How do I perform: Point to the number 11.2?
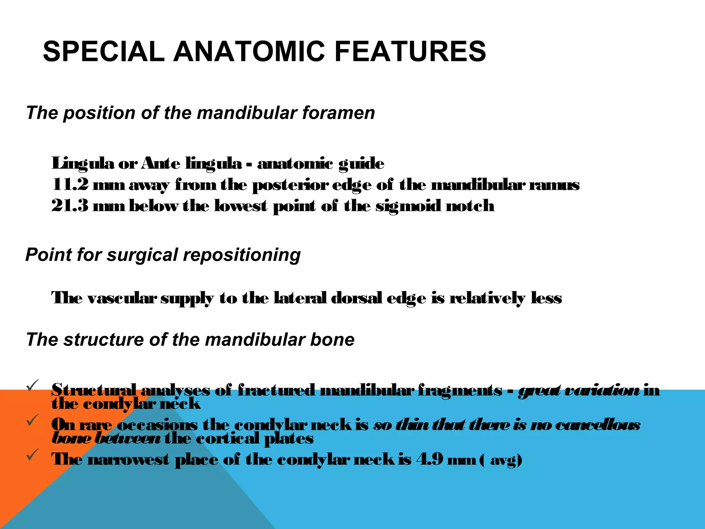[x=70, y=185]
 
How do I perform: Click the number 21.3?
[x=70, y=206]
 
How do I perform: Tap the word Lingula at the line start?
[x=83, y=164]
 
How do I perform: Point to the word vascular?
[x=122, y=298]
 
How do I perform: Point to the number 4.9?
[x=430, y=459]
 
